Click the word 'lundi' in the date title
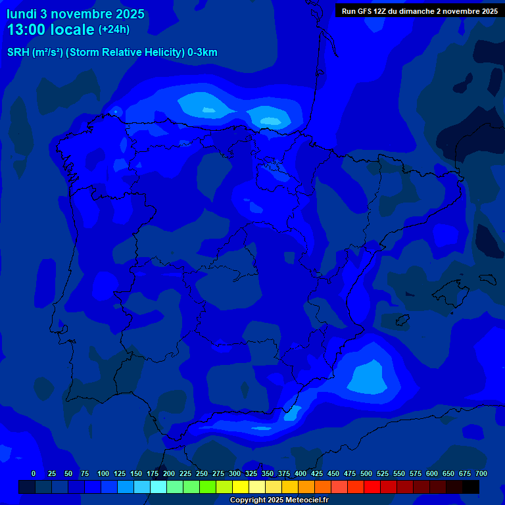point(21,14)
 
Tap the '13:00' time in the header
point(28,30)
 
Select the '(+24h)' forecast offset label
point(114,30)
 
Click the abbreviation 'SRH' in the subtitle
point(18,53)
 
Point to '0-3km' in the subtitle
point(203,53)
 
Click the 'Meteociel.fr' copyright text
point(306,500)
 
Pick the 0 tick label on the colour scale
point(34,473)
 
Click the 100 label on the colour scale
point(103,473)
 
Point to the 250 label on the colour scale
point(202,473)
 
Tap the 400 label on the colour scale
point(301,473)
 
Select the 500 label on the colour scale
point(366,473)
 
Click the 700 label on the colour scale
point(481,473)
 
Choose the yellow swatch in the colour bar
point(241,487)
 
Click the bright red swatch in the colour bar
point(372,487)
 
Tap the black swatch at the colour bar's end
point(471,487)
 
